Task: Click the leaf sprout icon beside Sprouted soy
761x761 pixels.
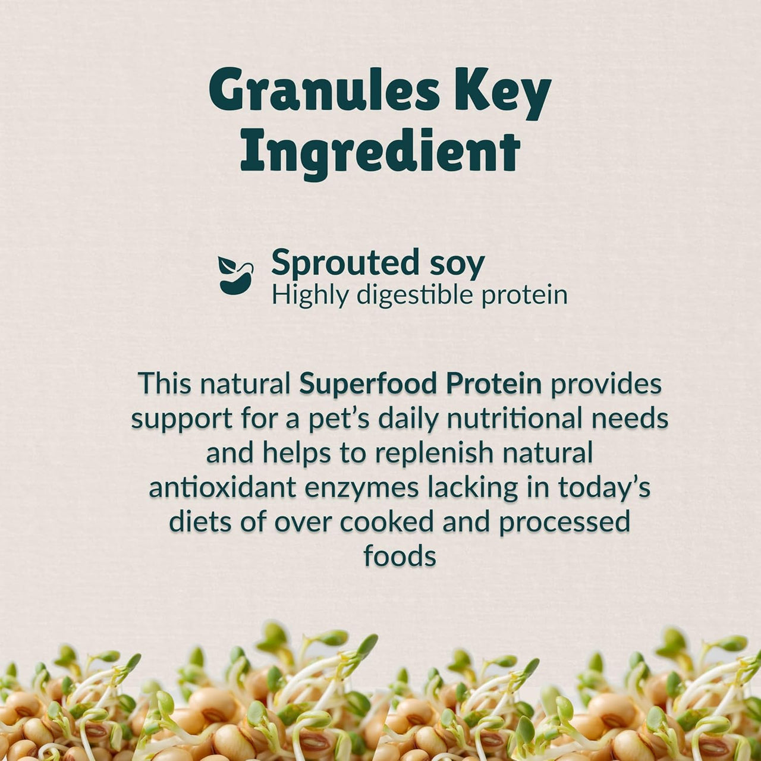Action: (x=235, y=275)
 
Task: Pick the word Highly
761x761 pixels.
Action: (x=310, y=295)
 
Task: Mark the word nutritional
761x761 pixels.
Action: (x=515, y=419)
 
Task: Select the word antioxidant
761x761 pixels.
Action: (x=222, y=488)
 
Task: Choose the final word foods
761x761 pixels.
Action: (x=400, y=556)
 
